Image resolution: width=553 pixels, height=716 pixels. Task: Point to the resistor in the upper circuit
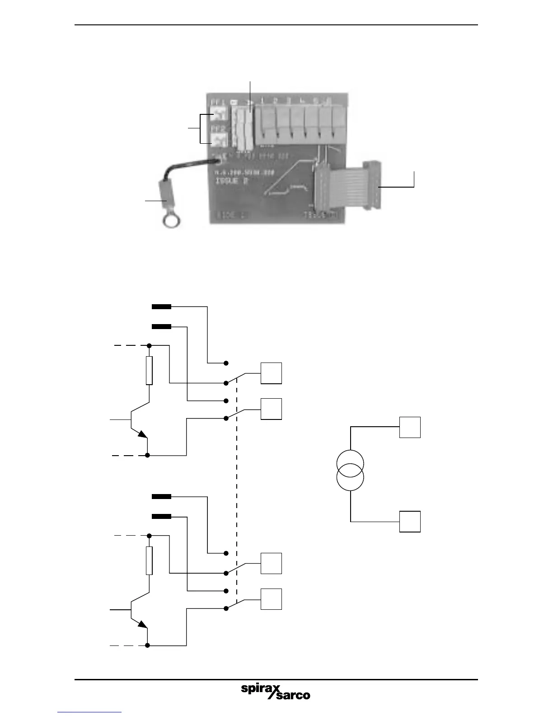pos(149,371)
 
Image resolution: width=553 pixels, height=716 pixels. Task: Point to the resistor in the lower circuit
pos(149,561)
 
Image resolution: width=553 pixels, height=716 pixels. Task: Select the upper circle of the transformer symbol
pos(350,463)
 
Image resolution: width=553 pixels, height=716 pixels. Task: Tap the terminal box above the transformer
pos(410,427)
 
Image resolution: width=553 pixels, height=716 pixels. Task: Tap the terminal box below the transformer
pos(410,521)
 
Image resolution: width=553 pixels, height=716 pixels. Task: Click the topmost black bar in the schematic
pos(161,306)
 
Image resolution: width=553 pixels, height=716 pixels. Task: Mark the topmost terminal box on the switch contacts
pos(271,373)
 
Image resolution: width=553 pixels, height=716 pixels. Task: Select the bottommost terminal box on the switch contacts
pos(271,599)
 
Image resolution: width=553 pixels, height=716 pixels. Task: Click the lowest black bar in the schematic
pos(161,516)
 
